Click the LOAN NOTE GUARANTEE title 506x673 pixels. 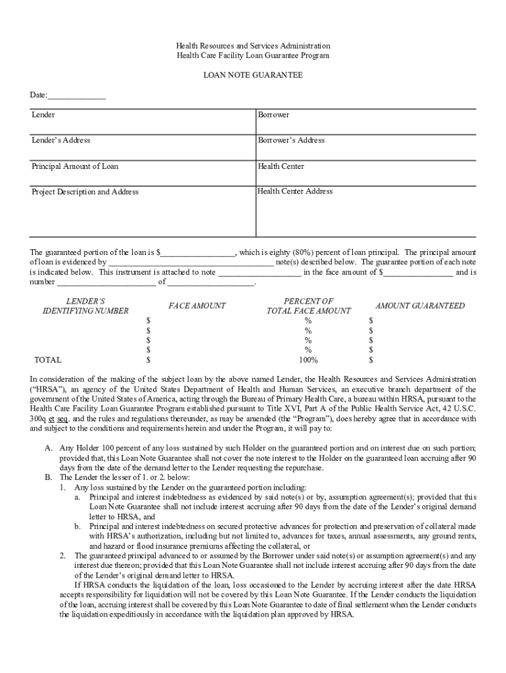coord(252,76)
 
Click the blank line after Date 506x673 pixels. coord(77,96)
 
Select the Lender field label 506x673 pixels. coord(43,115)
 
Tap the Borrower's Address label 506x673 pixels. coord(290,140)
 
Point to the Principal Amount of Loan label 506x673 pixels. coord(75,166)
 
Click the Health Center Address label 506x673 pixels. coord(295,191)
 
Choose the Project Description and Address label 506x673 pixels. coord(85,192)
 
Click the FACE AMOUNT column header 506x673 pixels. coord(196,306)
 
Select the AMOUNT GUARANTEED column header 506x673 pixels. coord(419,306)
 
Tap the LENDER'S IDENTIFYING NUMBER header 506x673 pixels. coord(85,306)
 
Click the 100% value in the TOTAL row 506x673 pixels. coord(308,360)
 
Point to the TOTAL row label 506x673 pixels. coord(47,360)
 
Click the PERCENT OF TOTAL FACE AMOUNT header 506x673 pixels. coord(308,306)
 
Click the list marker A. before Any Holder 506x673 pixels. coord(48,448)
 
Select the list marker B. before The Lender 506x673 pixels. coord(48,477)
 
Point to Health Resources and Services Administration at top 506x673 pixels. coord(252,46)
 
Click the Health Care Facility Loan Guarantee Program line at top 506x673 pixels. coord(252,56)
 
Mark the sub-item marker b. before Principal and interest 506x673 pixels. coord(77,526)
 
